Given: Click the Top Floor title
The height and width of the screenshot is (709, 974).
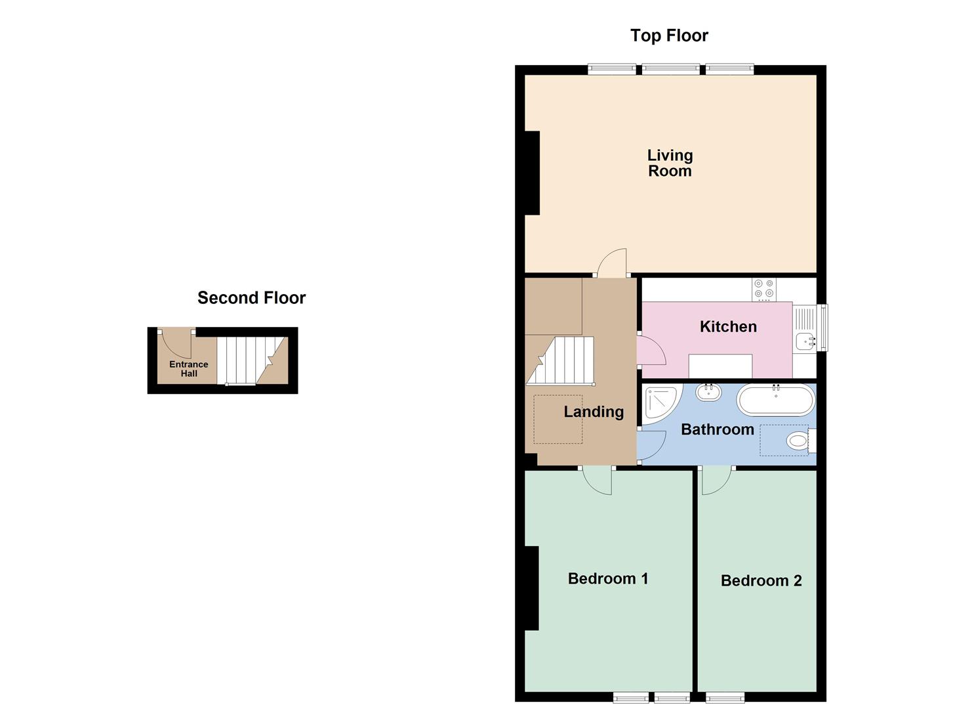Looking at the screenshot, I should pos(669,35).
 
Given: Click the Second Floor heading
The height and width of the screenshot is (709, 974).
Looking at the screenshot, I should pos(251,298).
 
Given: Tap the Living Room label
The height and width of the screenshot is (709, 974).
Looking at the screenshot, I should pos(670,163).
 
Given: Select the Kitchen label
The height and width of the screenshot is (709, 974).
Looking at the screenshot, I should pos(728,327).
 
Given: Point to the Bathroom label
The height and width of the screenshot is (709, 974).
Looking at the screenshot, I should pos(717,430).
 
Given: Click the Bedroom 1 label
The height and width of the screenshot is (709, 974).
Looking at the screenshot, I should pos(608,578).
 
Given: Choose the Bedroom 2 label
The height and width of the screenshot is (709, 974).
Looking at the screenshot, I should pos(761,580).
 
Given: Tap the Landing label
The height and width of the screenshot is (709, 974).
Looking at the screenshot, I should pos(594,412).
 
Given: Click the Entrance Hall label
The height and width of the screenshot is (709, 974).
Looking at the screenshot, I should pos(189,369).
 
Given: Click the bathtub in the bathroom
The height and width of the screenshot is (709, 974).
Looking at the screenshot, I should pos(776,400).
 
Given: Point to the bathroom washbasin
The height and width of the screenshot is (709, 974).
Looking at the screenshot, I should pos(708,392).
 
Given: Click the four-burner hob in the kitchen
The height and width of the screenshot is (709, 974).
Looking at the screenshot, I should pos(764,289).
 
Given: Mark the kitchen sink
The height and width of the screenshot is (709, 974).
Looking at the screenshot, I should pos(805,341).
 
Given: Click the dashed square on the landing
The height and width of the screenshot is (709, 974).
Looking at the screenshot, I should pos(558,419).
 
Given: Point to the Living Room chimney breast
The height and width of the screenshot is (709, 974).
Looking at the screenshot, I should pos(532,173).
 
